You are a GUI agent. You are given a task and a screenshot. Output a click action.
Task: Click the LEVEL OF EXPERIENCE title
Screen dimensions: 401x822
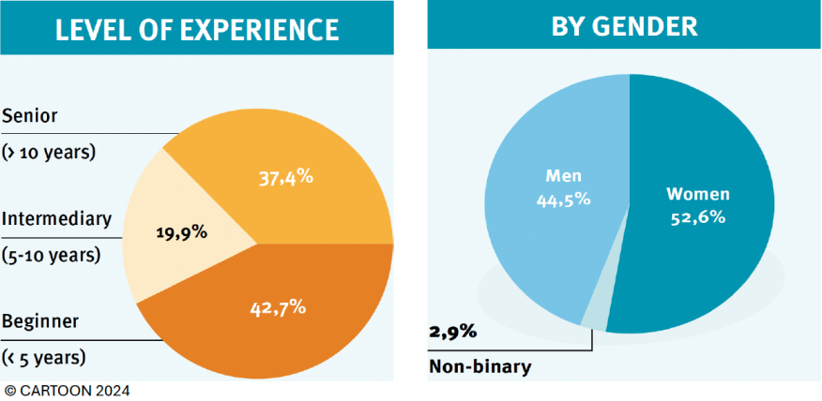point(196,29)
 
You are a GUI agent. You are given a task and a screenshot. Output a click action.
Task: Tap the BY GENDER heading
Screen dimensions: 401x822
point(624,25)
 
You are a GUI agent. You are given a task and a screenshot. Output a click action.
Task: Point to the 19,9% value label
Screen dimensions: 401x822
point(179,231)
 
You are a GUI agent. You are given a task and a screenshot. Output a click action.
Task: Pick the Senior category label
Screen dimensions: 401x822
point(30,116)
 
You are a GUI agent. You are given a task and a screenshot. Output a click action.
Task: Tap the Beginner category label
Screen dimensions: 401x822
point(39,321)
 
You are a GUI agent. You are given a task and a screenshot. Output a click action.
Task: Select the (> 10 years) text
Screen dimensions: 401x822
point(50,151)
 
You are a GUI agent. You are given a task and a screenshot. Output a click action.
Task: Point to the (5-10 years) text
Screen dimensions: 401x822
point(52,254)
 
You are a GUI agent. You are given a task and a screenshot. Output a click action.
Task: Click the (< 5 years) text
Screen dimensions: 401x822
point(44,357)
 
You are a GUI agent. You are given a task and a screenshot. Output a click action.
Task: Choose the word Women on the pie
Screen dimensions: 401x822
point(698,195)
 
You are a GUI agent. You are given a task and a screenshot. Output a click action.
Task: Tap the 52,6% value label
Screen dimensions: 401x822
point(698,217)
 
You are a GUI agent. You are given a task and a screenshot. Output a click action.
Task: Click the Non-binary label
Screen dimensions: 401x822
point(479,366)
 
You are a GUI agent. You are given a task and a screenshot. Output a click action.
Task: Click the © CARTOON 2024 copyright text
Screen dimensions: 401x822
point(67,391)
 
